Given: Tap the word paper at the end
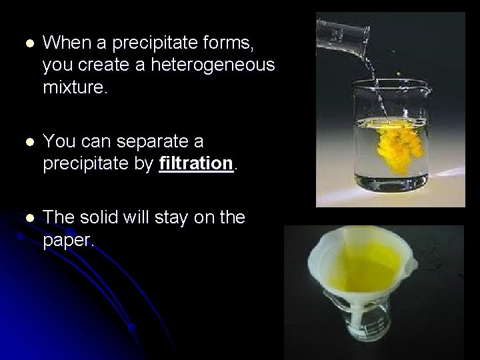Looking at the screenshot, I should (69, 239).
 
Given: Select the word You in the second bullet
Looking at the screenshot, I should (57, 141).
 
